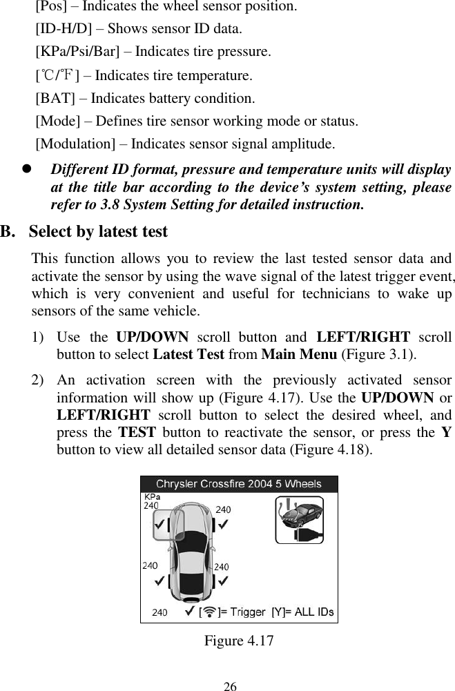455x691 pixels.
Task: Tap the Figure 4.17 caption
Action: (x=239, y=642)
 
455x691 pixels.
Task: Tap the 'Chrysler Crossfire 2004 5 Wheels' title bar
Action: (x=239, y=483)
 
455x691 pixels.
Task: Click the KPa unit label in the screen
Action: (x=153, y=496)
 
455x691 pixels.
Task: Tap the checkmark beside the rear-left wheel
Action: (x=159, y=581)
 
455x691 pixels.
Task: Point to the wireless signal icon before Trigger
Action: (x=209, y=612)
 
